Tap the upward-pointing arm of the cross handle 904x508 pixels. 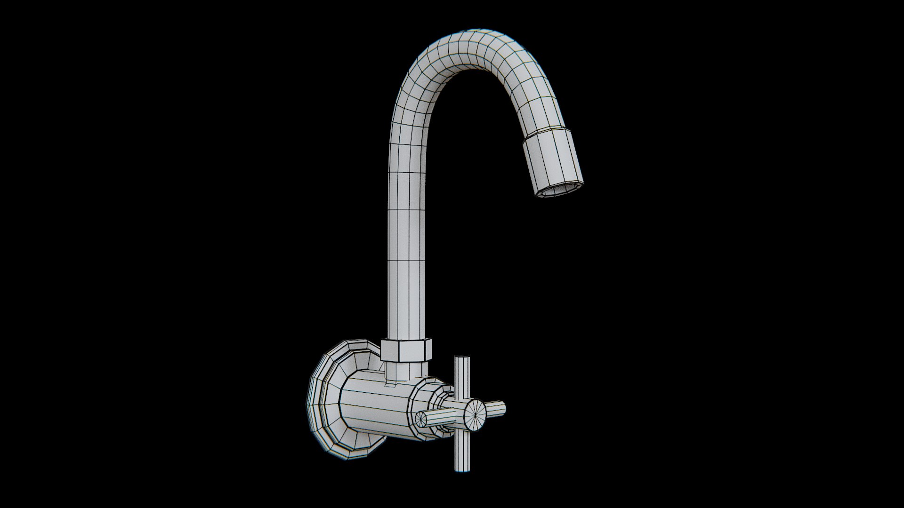[462, 376]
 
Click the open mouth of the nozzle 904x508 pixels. [560, 190]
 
